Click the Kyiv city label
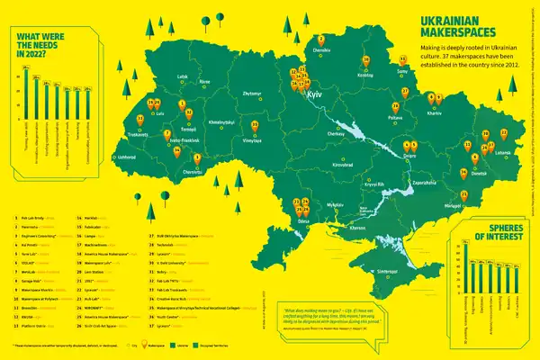coord(314,94)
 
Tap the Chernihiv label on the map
coord(321,50)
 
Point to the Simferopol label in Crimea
coord(388,270)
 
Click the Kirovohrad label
coord(342,166)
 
